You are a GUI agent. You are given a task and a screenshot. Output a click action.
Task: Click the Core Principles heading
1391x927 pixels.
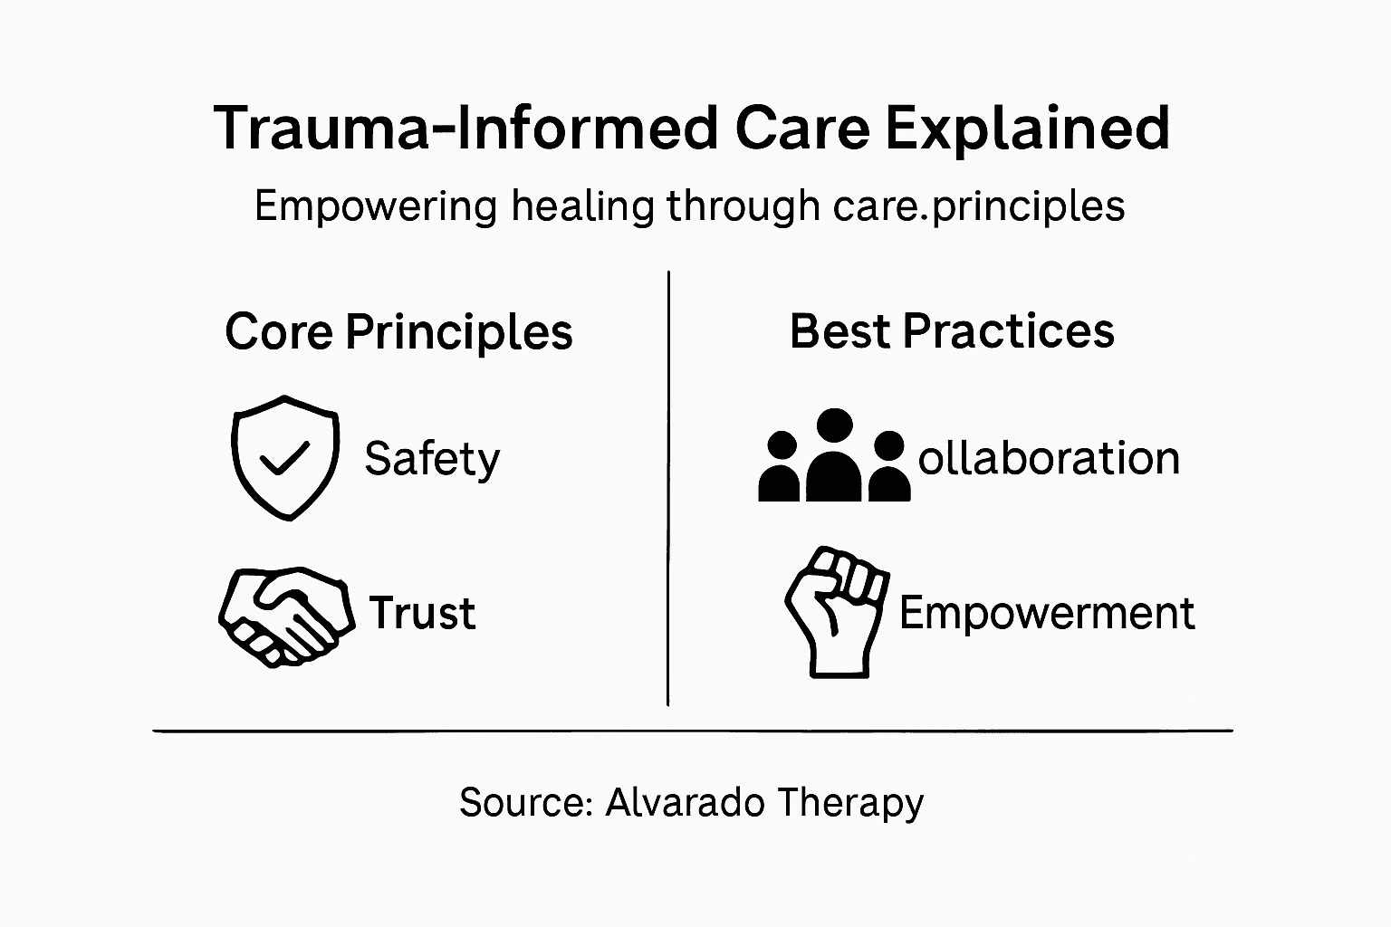398,332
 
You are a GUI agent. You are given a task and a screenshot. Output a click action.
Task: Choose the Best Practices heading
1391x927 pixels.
952,331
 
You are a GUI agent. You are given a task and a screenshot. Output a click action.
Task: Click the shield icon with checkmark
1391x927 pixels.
285,456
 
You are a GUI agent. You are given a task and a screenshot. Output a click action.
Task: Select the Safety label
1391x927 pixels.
432,459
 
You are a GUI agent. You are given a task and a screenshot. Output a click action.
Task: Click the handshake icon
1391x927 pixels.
284,616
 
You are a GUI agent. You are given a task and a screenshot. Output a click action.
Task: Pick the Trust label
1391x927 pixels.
422,614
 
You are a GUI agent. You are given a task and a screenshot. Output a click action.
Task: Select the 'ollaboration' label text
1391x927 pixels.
1049,458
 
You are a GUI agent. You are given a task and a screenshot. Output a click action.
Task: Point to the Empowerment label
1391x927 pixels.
1047,614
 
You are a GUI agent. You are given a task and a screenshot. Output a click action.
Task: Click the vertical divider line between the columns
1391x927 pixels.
668,489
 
